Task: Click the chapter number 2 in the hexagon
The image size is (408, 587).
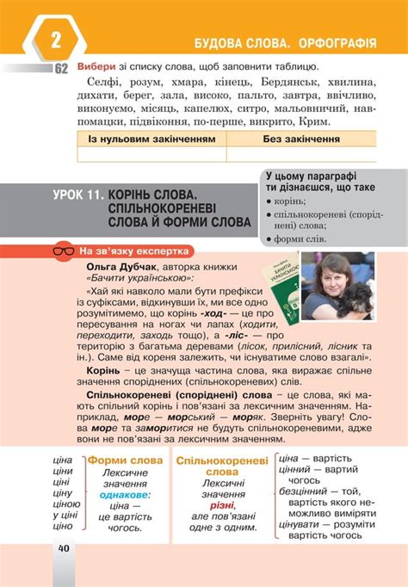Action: coord(57,40)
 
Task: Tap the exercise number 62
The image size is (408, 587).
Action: coord(62,69)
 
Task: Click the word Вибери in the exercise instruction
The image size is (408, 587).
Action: coord(95,67)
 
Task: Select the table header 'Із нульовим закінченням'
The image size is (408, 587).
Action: coord(151,138)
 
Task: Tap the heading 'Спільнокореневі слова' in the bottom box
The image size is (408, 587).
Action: coord(222,466)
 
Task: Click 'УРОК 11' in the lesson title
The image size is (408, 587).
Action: coord(83,196)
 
